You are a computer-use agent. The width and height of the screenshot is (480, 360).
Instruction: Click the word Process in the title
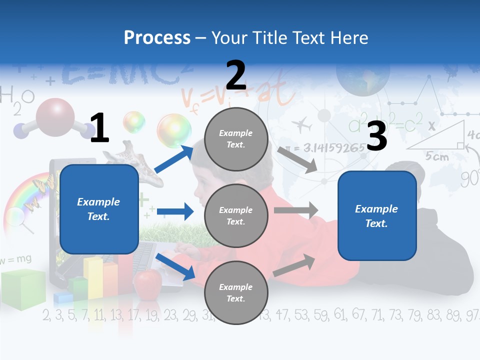(x=157, y=38)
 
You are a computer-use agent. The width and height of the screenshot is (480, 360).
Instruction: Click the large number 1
(x=99, y=128)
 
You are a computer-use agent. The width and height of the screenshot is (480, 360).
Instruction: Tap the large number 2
(x=236, y=75)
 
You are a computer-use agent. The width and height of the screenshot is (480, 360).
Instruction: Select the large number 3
(x=376, y=136)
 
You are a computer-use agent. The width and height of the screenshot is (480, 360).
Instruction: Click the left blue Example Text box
(x=99, y=209)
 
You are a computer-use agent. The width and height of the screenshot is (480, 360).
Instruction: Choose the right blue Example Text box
(x=377, y=215)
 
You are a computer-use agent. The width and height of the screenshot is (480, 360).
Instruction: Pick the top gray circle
(x=236, y=138)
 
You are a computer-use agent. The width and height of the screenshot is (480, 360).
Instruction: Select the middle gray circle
(x=236, y=215)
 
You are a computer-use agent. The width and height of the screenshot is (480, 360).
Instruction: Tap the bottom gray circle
(x=236, y=292)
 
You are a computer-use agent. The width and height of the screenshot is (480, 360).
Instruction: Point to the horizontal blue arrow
(x=175, y=212)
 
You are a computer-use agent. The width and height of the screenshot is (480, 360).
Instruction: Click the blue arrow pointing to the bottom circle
(x=175, y=266)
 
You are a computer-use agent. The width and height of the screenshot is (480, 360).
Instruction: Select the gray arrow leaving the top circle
(x=297, y=159)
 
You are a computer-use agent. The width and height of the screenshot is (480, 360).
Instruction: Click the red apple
(x=147, y=283)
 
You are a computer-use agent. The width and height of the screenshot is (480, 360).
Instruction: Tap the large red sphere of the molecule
(x=55, y=116)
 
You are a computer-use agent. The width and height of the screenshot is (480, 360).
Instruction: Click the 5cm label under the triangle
(x=437, y=156)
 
